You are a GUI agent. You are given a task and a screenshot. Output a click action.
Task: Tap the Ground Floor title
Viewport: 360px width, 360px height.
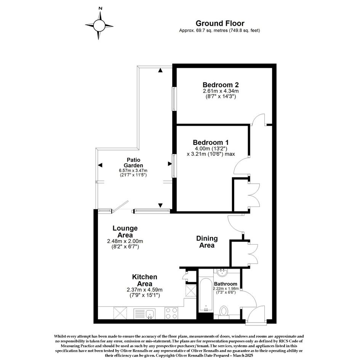[x=220, y=23]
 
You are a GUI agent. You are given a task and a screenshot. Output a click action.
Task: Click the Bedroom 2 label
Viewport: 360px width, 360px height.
[x=221, y=85]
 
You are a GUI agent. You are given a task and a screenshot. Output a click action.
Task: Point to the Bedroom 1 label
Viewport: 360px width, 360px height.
[x=211, y=142]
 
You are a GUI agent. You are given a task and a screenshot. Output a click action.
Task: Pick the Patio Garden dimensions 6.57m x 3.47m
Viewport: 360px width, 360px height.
[x=133, y=171]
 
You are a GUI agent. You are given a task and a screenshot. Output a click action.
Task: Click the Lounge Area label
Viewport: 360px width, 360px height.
[x=125, y=232]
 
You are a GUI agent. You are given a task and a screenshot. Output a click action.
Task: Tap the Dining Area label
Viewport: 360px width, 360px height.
[x=207, y=242]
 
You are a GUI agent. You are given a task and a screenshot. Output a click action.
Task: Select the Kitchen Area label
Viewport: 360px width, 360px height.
[x=145, y=280]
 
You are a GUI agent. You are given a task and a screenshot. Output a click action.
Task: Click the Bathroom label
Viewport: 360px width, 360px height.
[x=226, y=284]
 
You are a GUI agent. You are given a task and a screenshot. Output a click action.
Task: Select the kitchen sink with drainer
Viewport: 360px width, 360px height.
[x=144, y=314]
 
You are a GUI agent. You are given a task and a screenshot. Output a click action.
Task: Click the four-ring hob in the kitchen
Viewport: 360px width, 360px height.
[x=171, y=313]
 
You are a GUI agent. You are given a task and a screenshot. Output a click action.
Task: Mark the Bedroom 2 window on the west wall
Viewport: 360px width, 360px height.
[x=174, y=99]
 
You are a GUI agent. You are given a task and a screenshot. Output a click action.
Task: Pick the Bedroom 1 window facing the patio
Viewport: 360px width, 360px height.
[x=174, y=166]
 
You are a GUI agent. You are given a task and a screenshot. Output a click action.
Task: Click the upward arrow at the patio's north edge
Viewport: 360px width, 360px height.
[x=160, y=70]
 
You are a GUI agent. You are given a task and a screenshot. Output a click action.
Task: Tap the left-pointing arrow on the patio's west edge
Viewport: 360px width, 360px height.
[x=100, y=165]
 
